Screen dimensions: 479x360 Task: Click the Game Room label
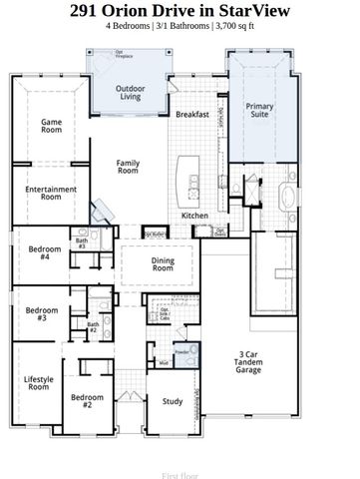(x=51, y=127)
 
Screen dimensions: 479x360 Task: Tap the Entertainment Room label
(x=44, y=193)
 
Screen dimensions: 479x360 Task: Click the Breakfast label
(x=192, y=115)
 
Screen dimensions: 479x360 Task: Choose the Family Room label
(x=128, y=167)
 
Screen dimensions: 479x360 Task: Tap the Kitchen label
(x=193, y=216)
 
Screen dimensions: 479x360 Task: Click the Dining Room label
(x=163, y=264)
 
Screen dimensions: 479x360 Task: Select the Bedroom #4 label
(x=44, y=252)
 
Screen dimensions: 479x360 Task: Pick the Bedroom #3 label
(x=41, y=313)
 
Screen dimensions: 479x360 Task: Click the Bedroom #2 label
(x=88, y=401)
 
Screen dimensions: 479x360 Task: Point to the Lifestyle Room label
(x=38, y=382)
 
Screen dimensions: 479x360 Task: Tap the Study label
(x=173, y=401)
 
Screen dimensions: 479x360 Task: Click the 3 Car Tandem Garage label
(x=248, y=361)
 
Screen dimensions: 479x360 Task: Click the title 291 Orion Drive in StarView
(x=180, y=11)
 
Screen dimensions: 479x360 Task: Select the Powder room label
(x=180, y=352)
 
